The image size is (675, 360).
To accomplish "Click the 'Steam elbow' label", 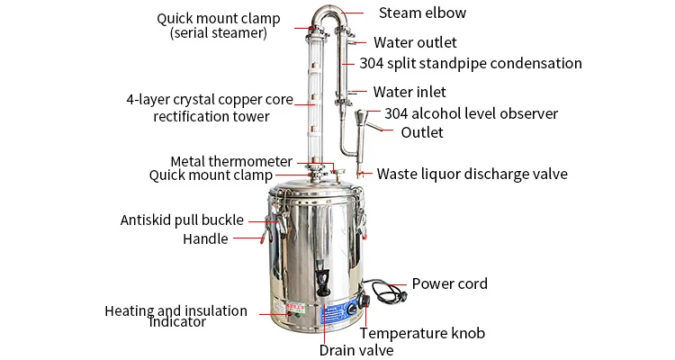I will coord(422,13).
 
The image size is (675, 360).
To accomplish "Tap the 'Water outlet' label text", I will coord(415,42).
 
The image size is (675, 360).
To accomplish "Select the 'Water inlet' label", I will coord(409,92).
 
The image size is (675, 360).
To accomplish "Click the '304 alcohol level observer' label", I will coord(471,113).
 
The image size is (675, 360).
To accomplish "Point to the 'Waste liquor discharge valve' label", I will coord(472,174).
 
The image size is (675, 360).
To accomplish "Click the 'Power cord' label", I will coord(449,283).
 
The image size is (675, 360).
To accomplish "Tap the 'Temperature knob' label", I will coord(422,333).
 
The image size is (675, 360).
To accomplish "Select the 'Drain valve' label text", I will coord(356,350).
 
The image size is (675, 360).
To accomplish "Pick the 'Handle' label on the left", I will coord(205,238).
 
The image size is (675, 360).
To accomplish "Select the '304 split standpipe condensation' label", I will coord(470,64).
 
